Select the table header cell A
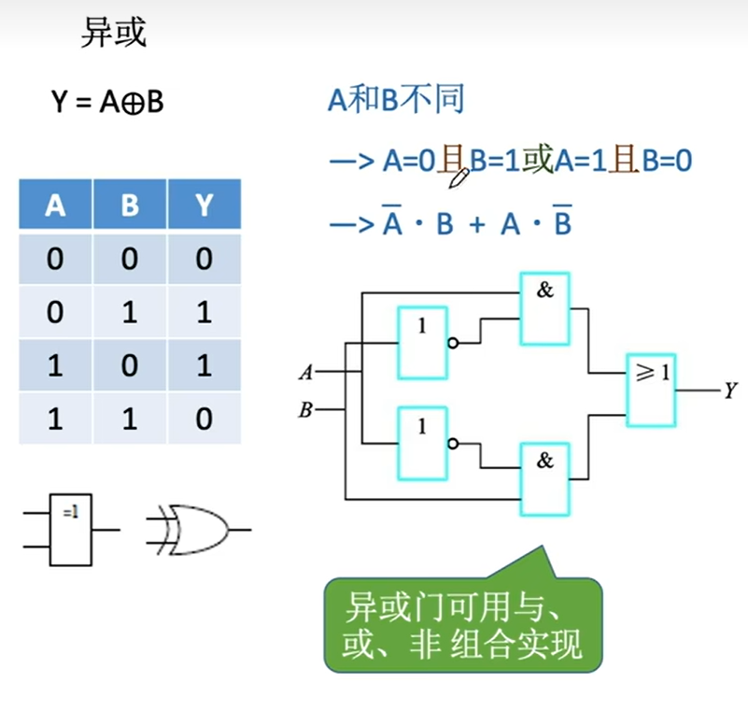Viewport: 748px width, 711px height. point(55,205)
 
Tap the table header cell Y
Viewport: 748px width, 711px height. point(205,205)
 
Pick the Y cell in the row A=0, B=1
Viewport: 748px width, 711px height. point(205,312)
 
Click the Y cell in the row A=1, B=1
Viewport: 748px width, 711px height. point(205,419)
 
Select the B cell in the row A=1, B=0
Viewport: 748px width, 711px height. point(130,365)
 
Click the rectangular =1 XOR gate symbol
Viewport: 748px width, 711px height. point(71,529)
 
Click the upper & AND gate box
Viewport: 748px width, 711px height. point(545,308)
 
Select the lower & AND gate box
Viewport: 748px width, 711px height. point(545,478)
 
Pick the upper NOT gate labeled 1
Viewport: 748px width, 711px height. point(422,343)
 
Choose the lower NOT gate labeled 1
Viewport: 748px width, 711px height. point(422,443)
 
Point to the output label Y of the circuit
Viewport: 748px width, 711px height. point(731,391)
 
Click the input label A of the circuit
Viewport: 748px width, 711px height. point(304,373)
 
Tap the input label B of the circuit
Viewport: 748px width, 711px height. point(304,408)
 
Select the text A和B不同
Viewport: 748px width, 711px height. point(396,100)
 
